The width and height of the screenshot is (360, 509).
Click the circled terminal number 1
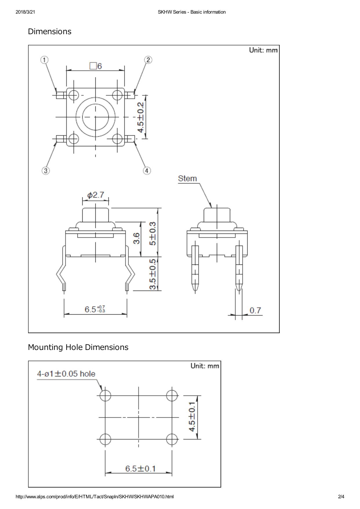click(44, 60)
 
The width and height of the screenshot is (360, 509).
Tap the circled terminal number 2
click(148, 60)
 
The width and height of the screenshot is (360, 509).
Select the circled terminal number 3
click(46, 171)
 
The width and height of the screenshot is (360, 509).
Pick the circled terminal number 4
click(147, 171)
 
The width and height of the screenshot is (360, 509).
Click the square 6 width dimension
click(96, 66)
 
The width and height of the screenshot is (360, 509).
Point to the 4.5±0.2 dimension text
click(141, 117)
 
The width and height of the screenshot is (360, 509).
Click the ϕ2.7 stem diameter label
click(96, 195)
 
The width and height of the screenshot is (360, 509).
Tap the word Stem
click(187, 178)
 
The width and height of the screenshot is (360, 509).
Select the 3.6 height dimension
click(137, 238)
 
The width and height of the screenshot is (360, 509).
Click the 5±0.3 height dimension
click(152, 233)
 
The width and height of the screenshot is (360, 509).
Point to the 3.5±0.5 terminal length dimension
click(152, 274)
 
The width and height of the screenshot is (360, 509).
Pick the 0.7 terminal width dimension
click(255, 311)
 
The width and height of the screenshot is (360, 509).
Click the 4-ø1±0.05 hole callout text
click(66, 374)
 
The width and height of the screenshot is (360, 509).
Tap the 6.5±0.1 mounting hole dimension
click(140, 468)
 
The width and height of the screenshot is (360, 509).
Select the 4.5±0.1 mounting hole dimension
click(192, 417)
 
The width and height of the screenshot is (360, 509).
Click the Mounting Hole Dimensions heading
click(78, 347)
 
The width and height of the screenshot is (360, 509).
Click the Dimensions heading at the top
click(50, 31)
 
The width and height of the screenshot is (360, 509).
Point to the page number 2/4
click(341, 497)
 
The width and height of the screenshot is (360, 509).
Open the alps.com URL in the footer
click(94, 497)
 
